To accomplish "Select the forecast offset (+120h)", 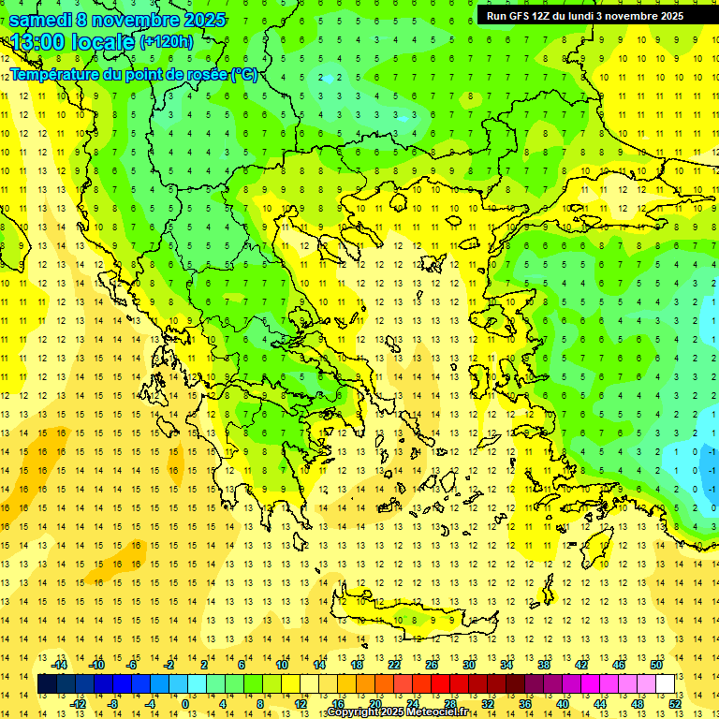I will (x=166, y=42).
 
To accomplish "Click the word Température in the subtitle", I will (x=55, y=75).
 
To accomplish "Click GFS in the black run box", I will (x=521, y=16).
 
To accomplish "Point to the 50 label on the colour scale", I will (x=656, y=665).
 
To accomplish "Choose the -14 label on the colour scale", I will (x=60, y=665).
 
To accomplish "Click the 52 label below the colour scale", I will (x=675, y=704).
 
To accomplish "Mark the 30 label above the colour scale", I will (x=468, y=665).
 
